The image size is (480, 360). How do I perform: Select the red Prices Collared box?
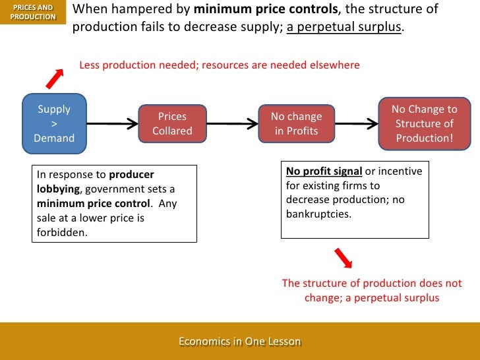172,123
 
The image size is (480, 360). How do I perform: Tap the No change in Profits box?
296,123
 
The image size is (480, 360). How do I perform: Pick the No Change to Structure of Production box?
424,123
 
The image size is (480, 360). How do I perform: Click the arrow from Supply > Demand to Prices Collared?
111,123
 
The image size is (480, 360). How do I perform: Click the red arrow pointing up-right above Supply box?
54,77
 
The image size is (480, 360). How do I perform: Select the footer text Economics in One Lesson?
239,342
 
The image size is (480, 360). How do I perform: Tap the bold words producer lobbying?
95,182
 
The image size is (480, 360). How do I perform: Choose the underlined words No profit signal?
324,171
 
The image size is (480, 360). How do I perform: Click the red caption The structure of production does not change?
372,290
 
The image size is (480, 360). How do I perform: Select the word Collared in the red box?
172,131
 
